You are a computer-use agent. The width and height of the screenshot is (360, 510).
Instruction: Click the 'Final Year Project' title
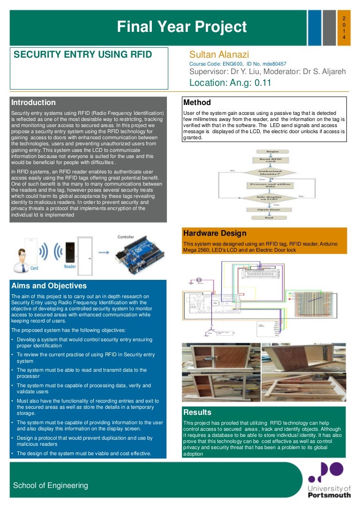coord(181,27)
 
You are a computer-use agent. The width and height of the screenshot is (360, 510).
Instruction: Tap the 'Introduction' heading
coord(33,103)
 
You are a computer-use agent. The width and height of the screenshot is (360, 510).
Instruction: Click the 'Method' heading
coord(197,103)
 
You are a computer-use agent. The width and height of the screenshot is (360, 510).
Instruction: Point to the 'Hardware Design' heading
coord(214,233)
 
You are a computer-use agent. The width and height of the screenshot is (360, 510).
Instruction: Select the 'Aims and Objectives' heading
coord(49,286)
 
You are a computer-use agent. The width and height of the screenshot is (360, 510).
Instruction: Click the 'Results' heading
coord(197,412)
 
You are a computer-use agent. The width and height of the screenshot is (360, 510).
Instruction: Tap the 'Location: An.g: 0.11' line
coord(230,83)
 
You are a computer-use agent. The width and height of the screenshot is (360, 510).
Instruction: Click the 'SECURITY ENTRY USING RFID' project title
coord(83,55)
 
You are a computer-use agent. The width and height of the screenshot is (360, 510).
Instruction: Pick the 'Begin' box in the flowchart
coord(266,152)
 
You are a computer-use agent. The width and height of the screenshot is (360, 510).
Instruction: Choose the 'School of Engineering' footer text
coord(51,485)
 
